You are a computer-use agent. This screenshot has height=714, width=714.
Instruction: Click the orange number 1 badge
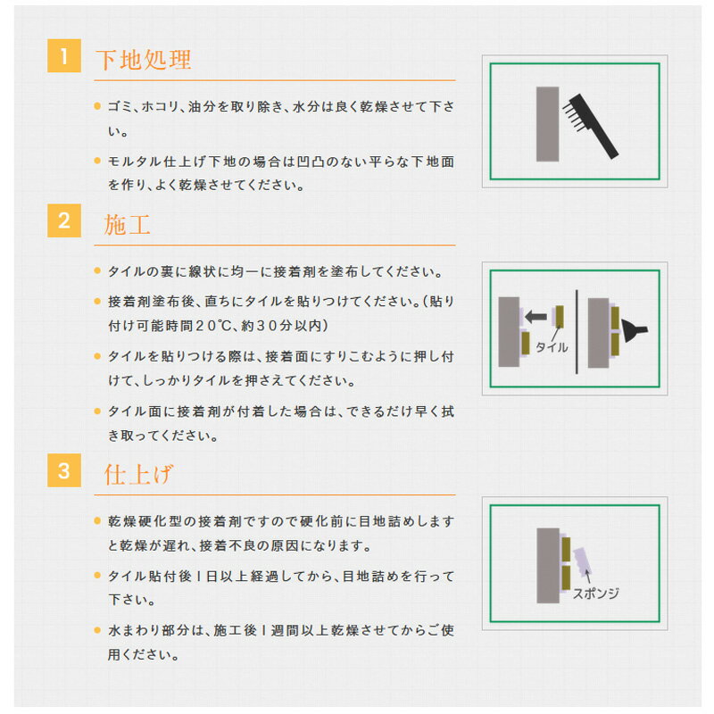pyautogui.click(x=64, y=55)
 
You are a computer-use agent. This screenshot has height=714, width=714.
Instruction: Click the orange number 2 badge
pyautogui.click(x=64, y=220)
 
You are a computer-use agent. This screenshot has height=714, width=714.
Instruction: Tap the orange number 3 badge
pyautogui.click(x=64, y=470)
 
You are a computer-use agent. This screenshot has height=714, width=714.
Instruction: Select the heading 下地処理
pyautogui.click(x=144, y=60)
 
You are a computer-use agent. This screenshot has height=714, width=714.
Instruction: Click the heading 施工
pyautogui.click(x=127, y=225)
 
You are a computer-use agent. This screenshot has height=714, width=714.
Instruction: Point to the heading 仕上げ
pyautogui.click(x=138, y=474)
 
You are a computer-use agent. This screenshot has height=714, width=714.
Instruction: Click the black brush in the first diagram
pyautogui.click(x=591, y=126)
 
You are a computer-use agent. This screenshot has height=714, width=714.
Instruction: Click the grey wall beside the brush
pyautogui.click(x=547, y=124)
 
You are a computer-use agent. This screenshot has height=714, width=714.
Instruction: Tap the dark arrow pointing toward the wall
pyautogui.click(x=535, y=316)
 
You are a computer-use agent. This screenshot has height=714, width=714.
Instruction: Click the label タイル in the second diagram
pyautogui.click(x=552, y=347)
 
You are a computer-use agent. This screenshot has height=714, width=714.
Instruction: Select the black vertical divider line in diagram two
pyautogui.click(x=577, y=332)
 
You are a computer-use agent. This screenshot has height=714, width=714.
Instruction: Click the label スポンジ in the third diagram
pyautogui.click(x=595, y=594)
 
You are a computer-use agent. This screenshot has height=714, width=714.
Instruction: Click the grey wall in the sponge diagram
pyautogui.click(x=548, y=566)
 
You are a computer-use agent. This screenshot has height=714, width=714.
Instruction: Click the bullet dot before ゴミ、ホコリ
pyautogui.click(x=97, y=106)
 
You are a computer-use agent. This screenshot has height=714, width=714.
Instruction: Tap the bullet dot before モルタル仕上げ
pyautogui.click(x=97, y=161)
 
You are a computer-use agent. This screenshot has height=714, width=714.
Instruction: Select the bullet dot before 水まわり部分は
pyautogui.click(x=97, y=630)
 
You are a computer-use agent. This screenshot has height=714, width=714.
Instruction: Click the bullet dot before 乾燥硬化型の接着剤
pyautogui.click(x=97, y=520)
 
